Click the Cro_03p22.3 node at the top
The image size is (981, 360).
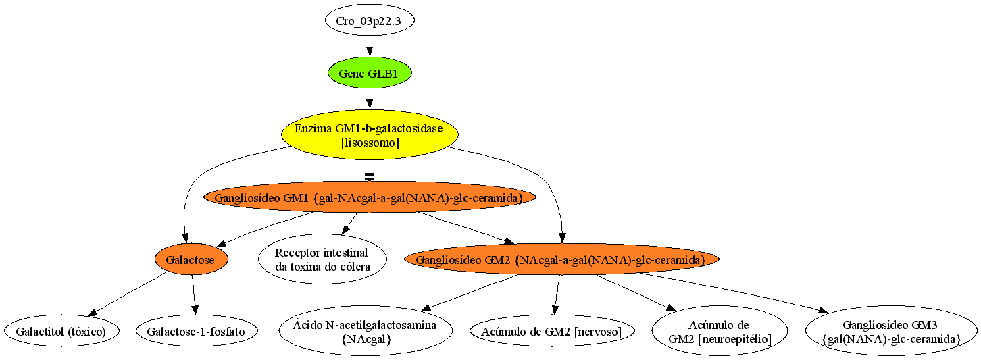click(370, 20)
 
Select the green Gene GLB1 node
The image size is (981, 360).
click(370, 73)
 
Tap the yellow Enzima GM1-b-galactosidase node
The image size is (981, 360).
click(370, 135)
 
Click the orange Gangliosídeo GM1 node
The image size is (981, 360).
click(370, 197)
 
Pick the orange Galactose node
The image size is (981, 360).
click(191, 259)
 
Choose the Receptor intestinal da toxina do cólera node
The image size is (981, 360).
click(323, 259)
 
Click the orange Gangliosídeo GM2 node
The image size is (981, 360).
click(561, 259)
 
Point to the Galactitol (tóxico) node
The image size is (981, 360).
click(61, 331)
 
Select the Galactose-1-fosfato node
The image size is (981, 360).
click(197, 331)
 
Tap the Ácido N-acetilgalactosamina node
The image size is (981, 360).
click(366, 331)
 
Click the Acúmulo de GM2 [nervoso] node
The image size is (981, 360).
click(552, 331)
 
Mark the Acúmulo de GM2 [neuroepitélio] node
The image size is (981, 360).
click(720, 331)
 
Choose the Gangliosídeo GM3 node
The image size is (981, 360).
click(891, 331)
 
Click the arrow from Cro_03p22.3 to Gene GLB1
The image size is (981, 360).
click(370, 47)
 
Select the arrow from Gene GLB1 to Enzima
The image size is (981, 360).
click(370, 99)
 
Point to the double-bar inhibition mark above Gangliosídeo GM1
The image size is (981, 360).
click(370, 176)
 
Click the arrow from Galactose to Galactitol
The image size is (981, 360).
click(128, 294)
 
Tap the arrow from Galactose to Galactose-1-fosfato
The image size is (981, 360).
click(194, 294)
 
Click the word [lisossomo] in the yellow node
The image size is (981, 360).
click(370, 143)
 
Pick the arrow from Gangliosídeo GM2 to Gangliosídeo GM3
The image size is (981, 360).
click(734, 292)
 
